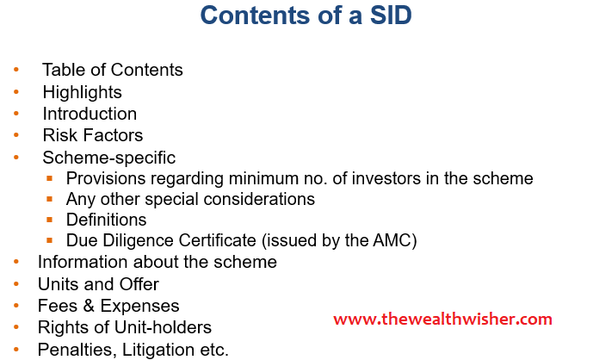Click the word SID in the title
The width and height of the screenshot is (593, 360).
pyautogui.click(x=391, y=16)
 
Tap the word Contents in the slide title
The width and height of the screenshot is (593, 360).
pyautogui.click(x=256, y=16)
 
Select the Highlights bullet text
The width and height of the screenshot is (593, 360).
pyautogui.click(x=82, y=92)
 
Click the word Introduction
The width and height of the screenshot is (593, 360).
pyautogui.click(x=90, y=114)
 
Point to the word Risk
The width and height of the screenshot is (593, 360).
pyautogui.click(x=59, y=135)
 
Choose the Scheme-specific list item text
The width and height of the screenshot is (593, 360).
pyautogui.click(x=109, y=158)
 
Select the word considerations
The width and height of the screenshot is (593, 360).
pyautogui.click(x=259, y=199)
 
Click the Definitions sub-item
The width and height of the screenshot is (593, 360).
pyautogui.click(x=106, y=220)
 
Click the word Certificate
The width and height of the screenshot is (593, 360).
pyautogui.click(x=217, y=240)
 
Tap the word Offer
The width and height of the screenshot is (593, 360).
pyautogui.click(x=139, y=284)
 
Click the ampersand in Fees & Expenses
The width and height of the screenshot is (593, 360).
pyautogui.click(x=89, y=306)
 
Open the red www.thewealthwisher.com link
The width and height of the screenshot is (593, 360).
pyautogui.click(x=442, y=320)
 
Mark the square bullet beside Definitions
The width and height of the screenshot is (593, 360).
pyautogui.click(x=50, y=219)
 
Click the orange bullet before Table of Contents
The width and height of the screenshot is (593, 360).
pyautogui.click(x=16, y=70)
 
